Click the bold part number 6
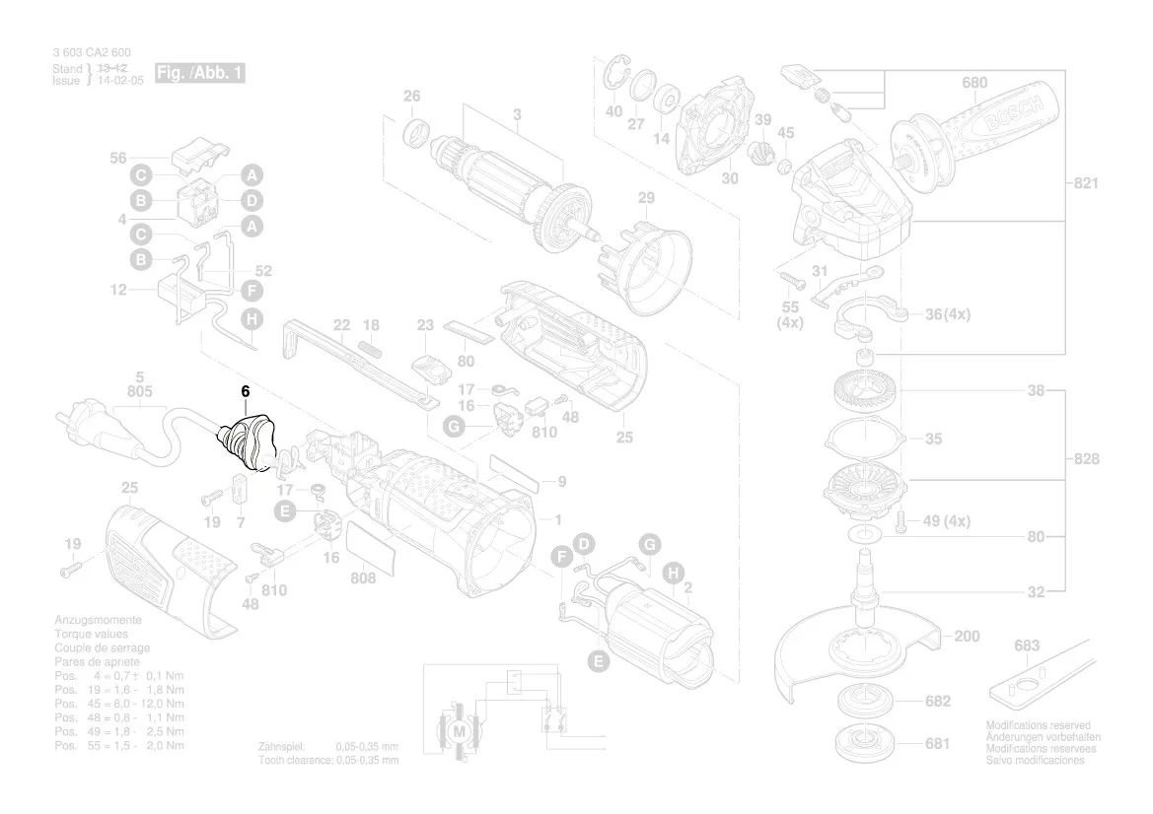tap(245, 392)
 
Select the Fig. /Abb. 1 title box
tap(200, 74)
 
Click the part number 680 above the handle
tap(973, 83)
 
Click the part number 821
tap(1085, 183)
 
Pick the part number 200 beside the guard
tap(967, 637)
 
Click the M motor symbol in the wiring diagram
tap(458, 732)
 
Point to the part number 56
tap(118, 158)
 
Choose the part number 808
tap(363, 578)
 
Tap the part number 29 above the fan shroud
tap(645, 198)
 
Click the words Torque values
tap(92, 635)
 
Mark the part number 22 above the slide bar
tap(341, 325)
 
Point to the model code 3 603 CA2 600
tap(92, 52)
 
